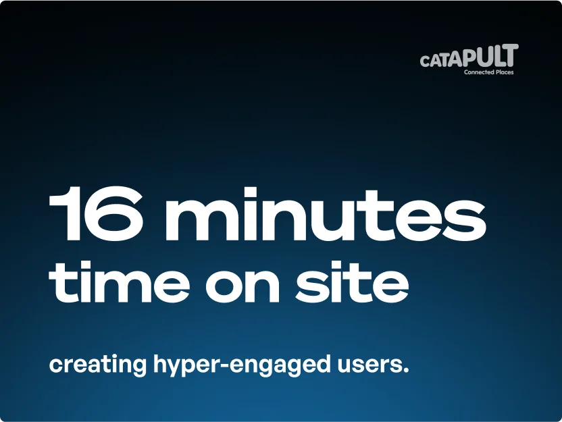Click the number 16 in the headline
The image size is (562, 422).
coord(96,214)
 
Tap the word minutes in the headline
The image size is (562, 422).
coord(325,214)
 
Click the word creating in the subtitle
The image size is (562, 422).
coord(97,365)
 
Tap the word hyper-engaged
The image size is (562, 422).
coord(242,365)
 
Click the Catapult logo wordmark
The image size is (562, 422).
coord(469,56)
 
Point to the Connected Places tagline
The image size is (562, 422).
coord(489,72)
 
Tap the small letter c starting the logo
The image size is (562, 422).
coord(424,61)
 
